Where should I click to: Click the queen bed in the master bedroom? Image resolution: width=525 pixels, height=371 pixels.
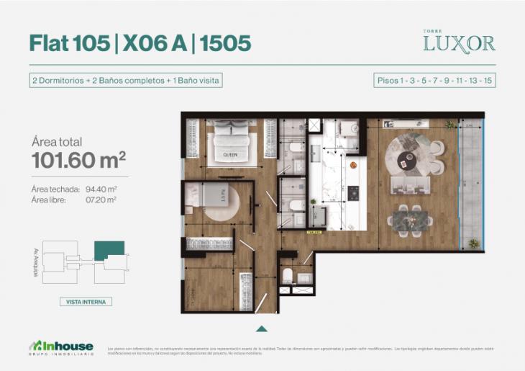point(230,143)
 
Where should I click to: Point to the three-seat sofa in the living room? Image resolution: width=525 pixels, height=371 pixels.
point(411,185)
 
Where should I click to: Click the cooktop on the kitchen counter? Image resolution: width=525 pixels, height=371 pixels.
point(354,193)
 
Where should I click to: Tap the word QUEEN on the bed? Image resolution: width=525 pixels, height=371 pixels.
point(230,154)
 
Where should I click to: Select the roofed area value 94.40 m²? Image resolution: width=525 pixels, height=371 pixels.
point(101,189)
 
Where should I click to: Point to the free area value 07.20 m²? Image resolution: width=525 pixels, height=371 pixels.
point(101,200)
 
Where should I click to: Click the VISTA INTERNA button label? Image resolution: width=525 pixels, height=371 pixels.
point(85,302)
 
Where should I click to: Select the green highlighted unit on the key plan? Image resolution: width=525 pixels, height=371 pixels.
point(109,250)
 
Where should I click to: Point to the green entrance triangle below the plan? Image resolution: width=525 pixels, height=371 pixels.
point(262,328)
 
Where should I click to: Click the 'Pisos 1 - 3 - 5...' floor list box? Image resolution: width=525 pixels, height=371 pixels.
point(435,80)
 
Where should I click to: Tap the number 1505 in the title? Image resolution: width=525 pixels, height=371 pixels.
point(226,43)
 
